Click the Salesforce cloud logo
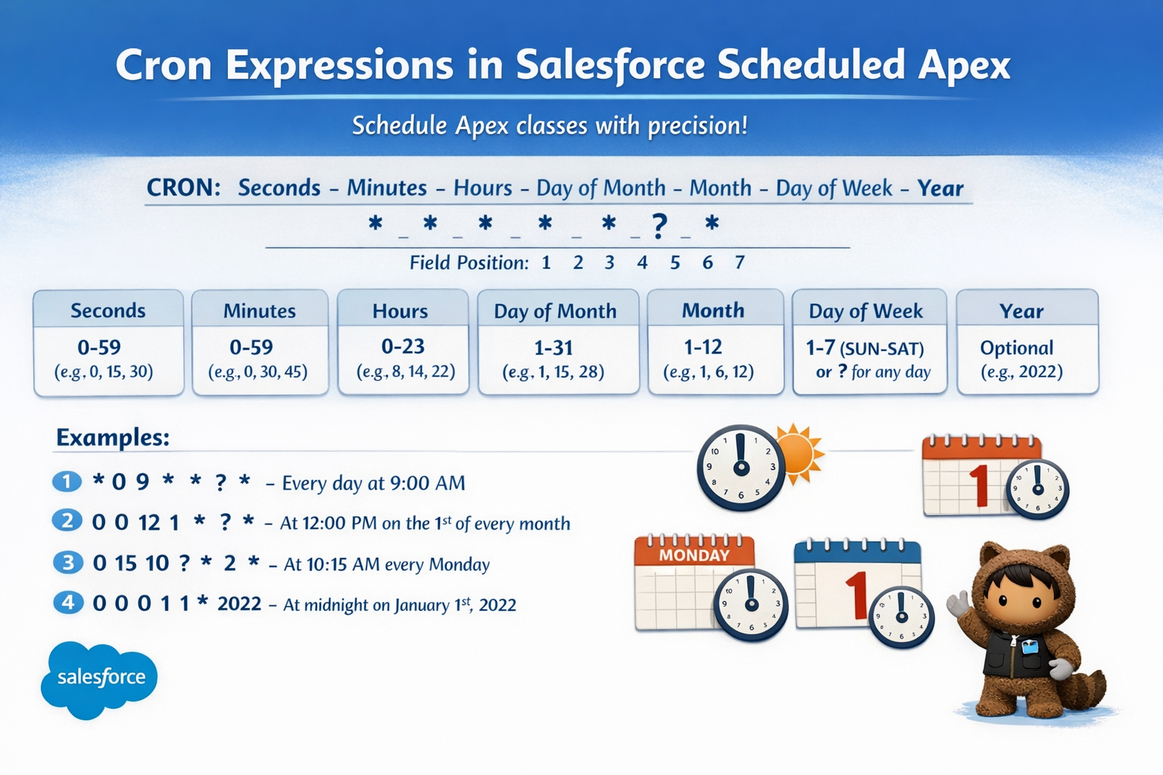tap(99, 678)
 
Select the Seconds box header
tap(108, 310)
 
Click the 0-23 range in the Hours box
tap(403, 347)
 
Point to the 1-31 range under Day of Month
tap(553, 347)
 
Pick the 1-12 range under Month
tap(703, 347)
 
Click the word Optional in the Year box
tap(1016, 347)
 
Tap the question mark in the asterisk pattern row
tap(659, 225)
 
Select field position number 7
tap(740, 263)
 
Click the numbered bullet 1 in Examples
tap(67, 481)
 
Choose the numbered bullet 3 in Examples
tap(68, 562)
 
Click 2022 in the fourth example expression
tap(239, 604)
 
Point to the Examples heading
tap(113, 437)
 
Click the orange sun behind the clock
tap(802, 454)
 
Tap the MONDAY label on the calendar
tap(694, 555)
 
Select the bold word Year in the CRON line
tap(940, 188)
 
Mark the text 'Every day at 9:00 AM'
tap(373, 483)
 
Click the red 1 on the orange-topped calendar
tap(978, 484)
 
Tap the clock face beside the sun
tap(741, 467)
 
